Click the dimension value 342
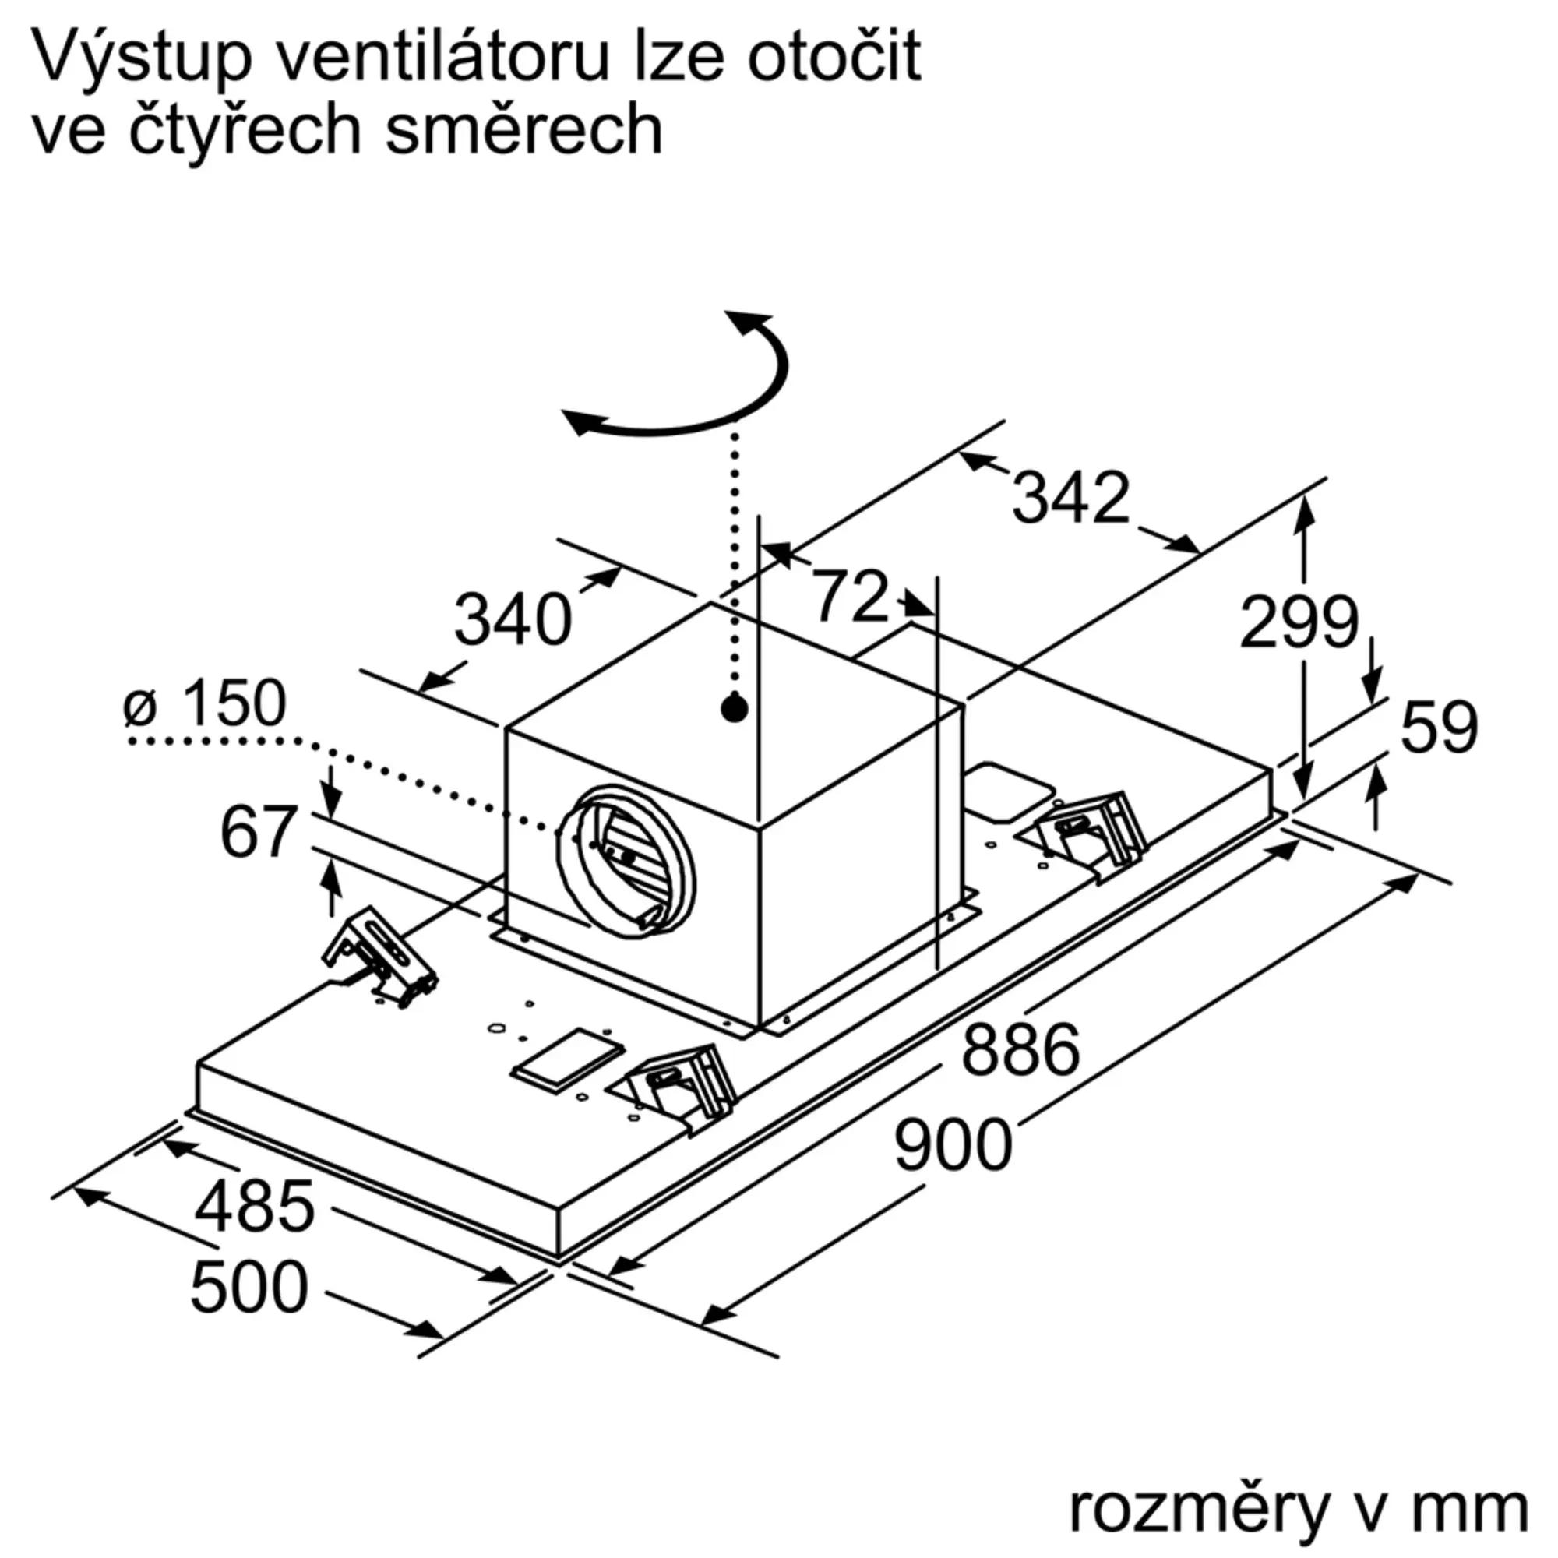coord(1070,498)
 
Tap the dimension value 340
coord(513,621)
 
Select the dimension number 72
coord(849,597)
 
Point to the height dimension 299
coord(1299,622)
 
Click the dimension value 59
coord(1439,728)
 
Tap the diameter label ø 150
coord(205,704)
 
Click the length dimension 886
coord(1020,1049)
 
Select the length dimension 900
coord(953,1145)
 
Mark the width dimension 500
coord(249,1287)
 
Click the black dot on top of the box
coord(734,708)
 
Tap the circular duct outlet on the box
coord(626,861)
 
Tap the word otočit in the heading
coord(833,58)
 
